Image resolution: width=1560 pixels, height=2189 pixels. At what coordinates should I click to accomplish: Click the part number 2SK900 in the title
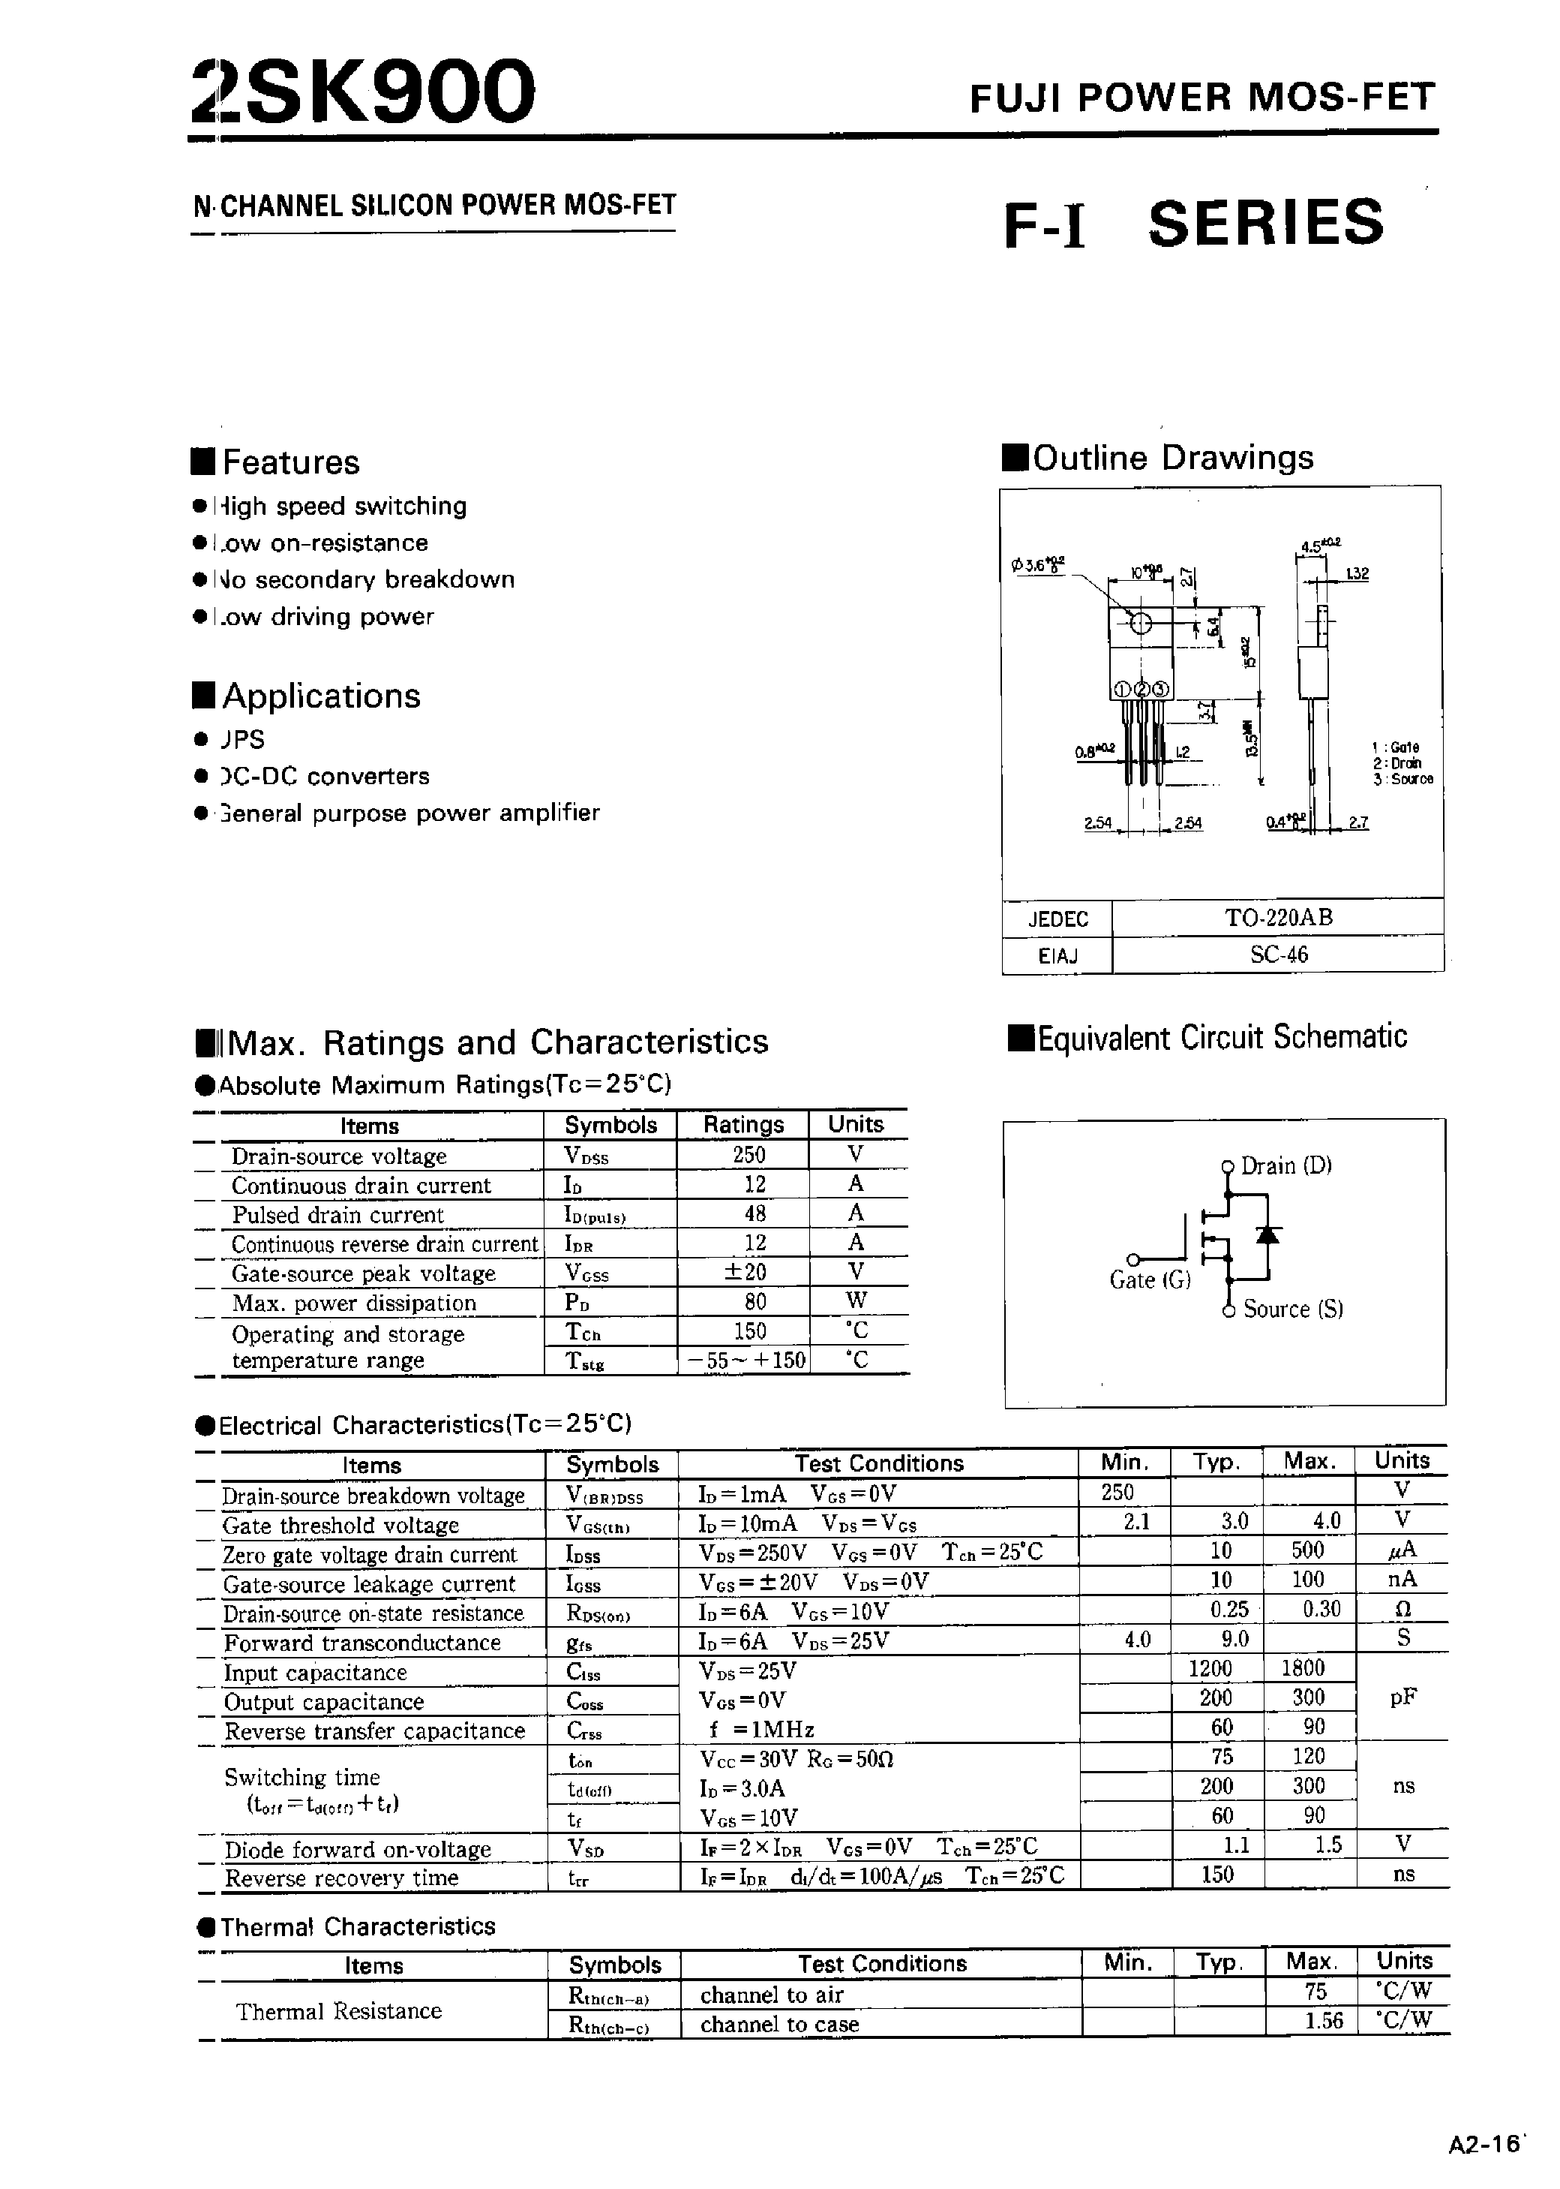(363, 92)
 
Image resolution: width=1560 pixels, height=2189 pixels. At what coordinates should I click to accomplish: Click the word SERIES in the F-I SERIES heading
(1265, 223)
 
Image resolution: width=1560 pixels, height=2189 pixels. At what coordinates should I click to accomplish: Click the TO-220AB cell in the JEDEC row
(1277, 917)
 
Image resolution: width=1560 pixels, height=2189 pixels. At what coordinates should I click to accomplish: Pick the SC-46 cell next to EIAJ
(1277, 955)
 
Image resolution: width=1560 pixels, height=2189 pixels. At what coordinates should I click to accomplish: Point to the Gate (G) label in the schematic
(1149, 1280)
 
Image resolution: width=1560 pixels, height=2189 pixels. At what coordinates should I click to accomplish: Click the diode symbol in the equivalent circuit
(1269, 1234)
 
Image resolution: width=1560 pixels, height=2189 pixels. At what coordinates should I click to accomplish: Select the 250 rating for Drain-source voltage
(748, 1155)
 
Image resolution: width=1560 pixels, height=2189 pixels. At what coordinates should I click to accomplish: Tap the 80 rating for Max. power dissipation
(755, 1302)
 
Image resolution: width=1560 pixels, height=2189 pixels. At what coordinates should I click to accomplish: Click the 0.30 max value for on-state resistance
(1321, 1610)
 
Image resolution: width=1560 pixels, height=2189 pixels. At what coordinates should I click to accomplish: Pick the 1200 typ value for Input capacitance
(1210, 1668)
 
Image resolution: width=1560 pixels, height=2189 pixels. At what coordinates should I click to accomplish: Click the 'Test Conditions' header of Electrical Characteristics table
(878, 1463)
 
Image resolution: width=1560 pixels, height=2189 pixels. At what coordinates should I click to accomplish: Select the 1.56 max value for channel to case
(1323, 2021)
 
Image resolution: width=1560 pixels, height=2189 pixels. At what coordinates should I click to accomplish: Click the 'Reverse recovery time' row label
(341, 1878)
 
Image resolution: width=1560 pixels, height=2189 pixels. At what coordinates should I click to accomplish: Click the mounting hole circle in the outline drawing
(1140, 624)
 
